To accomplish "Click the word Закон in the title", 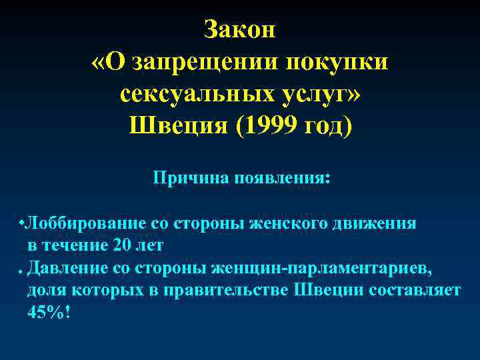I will coord(240,30).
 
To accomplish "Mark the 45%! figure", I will coord(48,313).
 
